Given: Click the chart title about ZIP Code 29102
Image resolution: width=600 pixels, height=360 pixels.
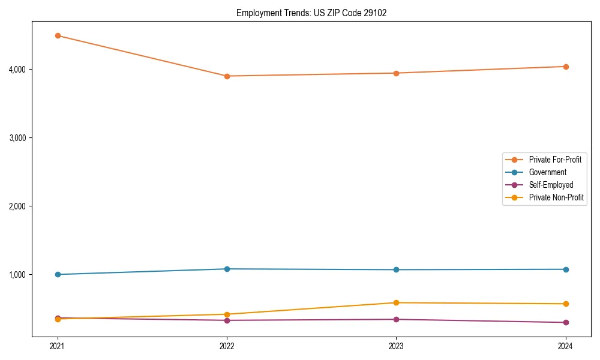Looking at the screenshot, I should [311, 13].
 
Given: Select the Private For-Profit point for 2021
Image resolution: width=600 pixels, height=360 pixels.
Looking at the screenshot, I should [58, 36].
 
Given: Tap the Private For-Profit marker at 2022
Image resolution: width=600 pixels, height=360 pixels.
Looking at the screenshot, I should [227, 76].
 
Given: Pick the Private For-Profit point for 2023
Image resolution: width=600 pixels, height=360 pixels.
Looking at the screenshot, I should [396, 73].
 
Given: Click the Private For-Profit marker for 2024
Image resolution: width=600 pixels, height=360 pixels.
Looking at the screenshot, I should [565, 67].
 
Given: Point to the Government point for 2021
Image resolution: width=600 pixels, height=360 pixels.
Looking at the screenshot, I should [58, 275].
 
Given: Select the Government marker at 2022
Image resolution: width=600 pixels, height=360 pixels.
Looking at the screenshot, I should [227, 269].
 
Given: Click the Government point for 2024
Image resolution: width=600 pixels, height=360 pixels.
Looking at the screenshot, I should [565, 269].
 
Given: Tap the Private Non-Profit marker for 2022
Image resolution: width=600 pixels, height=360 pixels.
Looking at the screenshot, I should [227, 314].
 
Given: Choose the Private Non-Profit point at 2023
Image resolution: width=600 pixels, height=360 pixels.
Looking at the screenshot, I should [396, 303].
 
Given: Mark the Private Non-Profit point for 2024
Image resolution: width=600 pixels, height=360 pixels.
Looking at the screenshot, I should [565, 304].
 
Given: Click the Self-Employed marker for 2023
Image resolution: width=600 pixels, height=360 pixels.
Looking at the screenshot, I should [396, 319].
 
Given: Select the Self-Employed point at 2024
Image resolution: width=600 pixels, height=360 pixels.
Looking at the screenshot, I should [565, 323].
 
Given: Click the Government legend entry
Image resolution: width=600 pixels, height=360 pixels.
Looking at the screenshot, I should [547, 172].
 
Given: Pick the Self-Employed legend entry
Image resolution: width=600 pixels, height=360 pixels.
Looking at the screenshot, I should [551, 185].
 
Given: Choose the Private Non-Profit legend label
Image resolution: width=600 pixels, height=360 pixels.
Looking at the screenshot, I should [556, 197].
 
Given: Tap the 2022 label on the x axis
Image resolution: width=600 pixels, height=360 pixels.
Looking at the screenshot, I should [227, 346].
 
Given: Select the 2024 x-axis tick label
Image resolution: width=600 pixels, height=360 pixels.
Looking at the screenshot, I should [565, 346].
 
